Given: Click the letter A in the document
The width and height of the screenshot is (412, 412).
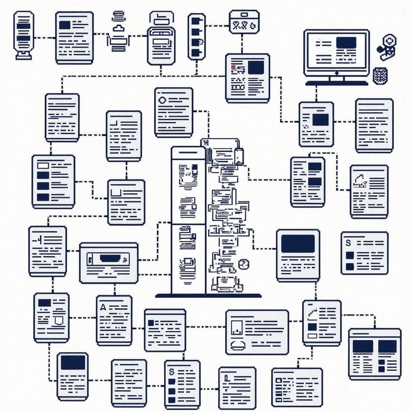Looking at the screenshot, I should [x=103, y=307].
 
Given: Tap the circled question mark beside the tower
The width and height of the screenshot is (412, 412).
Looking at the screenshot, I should [x=243, y=264].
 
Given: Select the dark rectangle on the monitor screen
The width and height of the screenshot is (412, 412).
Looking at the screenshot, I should [x=346, y=43].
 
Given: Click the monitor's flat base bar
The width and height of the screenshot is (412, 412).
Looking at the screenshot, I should [x=336, y=83].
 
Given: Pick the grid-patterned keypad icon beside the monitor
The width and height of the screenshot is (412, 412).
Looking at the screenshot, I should [x=380, y=76].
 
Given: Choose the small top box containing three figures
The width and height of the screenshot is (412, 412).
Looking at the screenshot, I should [x=244, y=22].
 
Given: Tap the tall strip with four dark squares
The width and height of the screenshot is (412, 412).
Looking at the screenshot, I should [x=197, y=37].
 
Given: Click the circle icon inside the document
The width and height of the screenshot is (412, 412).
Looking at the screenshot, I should [x=163, y=100].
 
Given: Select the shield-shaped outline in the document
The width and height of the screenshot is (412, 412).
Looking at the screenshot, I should [x=58, y=320].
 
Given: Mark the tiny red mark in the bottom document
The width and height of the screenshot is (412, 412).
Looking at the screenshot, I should [x=227, y=390].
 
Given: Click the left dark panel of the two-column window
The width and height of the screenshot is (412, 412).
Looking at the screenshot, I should [x=363, y=346].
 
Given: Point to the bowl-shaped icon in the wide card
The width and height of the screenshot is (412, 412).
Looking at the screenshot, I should [x=238, y=345].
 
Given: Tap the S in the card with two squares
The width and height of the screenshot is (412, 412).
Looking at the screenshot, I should [x=348, y=243].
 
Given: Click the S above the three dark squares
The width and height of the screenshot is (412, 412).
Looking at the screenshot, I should [x=171, y=371].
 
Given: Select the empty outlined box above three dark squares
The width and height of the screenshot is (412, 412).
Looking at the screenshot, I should [x=43, y=165].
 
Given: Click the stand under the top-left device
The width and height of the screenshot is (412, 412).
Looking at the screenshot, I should [x=23, y=56].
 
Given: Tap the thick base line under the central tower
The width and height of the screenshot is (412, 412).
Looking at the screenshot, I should [x=208, y=296].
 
